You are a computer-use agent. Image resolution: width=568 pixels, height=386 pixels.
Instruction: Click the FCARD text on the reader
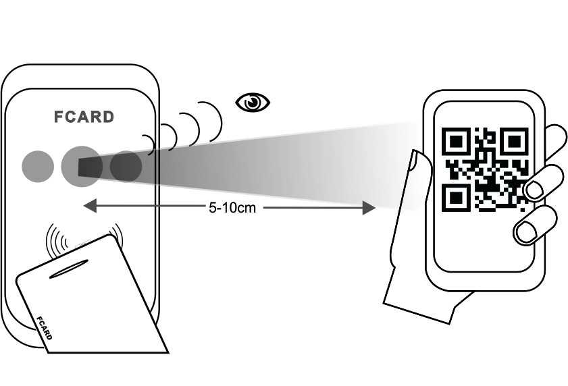(84, 117)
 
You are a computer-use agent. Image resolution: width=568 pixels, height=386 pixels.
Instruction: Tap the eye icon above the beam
(252, 103)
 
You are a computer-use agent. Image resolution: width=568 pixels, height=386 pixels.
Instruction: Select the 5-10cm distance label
(232, 207)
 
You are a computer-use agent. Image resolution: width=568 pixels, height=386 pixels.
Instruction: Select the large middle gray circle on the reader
(80, 166)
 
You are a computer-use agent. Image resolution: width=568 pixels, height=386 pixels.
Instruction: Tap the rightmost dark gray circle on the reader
(126, 166)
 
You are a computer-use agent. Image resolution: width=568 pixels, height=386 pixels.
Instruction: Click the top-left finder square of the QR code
(457, 142)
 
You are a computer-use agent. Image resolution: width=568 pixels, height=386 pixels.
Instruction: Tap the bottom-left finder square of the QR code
(457, 198)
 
